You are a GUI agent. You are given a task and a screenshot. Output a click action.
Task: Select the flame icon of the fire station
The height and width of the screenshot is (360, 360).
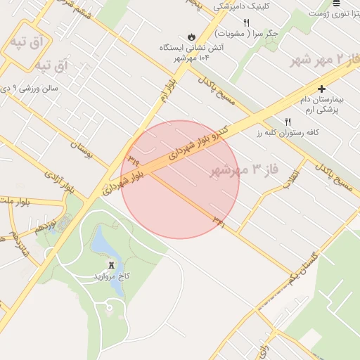click(191, 37)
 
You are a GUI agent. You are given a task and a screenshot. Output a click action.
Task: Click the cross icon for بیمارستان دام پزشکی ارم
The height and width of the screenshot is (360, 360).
click(321, 89)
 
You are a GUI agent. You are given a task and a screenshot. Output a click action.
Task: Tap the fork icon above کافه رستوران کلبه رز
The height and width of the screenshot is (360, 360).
click(288, 121)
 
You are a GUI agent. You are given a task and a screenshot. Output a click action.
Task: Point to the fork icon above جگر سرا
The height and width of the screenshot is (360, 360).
click(245, 22)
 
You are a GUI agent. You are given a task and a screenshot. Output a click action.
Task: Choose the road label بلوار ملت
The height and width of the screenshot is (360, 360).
click(15, 202)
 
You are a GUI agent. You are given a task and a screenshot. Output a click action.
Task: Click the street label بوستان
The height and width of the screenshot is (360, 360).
click(82, 146)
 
